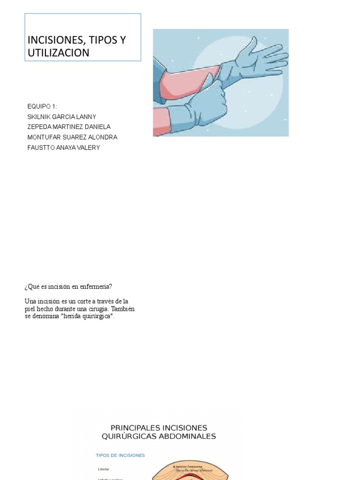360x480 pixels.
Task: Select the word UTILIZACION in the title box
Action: coord(59,53)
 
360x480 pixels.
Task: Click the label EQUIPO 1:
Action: coord(42,106)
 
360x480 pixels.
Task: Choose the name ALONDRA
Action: coord(102,137)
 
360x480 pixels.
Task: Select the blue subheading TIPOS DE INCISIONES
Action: coord(120,455)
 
